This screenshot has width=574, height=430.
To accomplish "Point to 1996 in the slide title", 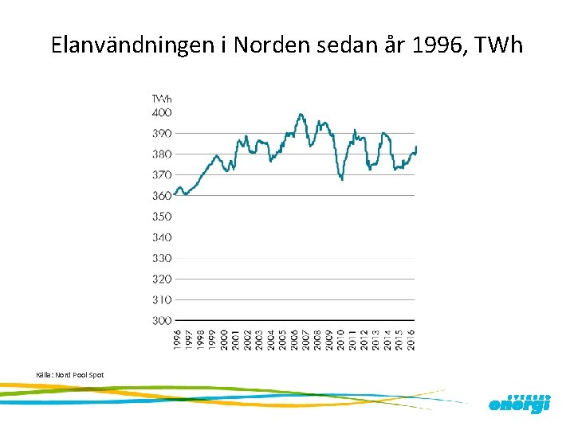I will click(438, 45).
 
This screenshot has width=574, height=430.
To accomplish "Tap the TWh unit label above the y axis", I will click(162, 99).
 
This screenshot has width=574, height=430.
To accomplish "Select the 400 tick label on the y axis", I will click(163, 112).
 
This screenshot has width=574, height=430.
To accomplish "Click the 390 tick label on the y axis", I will click(163, 133).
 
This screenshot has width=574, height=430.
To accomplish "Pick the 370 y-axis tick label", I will click(163, 174).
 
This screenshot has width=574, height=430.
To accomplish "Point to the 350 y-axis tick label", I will click(163, 217).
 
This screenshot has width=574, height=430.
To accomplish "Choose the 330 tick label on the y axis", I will click(163, 258).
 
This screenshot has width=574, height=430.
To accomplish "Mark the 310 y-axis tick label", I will click(163, 299).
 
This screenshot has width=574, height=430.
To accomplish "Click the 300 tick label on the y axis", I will click(163, 320).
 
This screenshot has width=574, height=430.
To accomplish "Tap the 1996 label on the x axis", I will click(177, 338).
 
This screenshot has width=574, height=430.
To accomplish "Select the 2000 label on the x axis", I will click(224, 338).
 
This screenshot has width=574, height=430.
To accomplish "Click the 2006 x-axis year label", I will click(294, 338).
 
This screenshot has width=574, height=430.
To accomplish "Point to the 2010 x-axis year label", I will click(340, 338).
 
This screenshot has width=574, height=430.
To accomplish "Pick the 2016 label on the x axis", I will click(411, 338).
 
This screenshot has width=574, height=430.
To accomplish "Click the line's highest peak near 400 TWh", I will click(301, 115).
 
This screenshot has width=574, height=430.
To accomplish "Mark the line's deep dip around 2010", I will click(342, 179).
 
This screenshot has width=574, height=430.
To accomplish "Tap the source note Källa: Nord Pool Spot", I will click(70, 375).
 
